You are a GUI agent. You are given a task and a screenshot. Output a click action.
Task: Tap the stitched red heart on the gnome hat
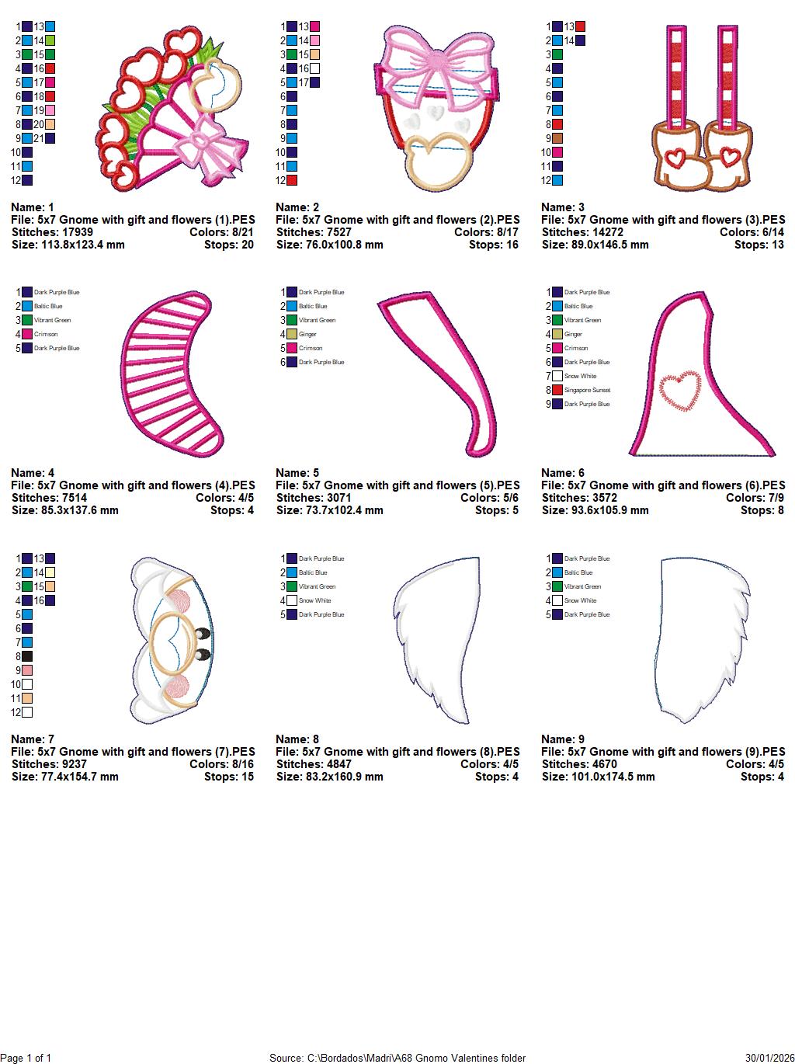680,391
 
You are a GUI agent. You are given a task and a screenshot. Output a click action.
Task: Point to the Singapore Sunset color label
587,390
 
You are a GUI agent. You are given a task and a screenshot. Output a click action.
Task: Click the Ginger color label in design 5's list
307,334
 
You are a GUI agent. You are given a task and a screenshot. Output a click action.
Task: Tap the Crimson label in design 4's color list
46,334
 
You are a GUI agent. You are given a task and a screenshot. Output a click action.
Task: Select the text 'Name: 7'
33,739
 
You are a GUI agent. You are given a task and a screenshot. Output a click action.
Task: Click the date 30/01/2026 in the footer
770,1058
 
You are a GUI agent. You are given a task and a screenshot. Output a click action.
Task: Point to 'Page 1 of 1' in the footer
25,1058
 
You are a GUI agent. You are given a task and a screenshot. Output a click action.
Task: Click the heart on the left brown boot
675,157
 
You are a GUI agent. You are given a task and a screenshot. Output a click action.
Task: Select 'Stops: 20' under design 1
229,245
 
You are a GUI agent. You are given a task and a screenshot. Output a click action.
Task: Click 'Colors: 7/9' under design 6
755,498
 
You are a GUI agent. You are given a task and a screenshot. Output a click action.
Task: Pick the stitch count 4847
338,764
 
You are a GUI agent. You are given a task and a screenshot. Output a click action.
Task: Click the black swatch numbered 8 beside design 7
27,656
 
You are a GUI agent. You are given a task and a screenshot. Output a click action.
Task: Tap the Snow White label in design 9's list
581,600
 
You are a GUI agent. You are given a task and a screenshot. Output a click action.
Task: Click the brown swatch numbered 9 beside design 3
557,138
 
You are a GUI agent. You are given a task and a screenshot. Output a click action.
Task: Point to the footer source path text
397,1058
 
